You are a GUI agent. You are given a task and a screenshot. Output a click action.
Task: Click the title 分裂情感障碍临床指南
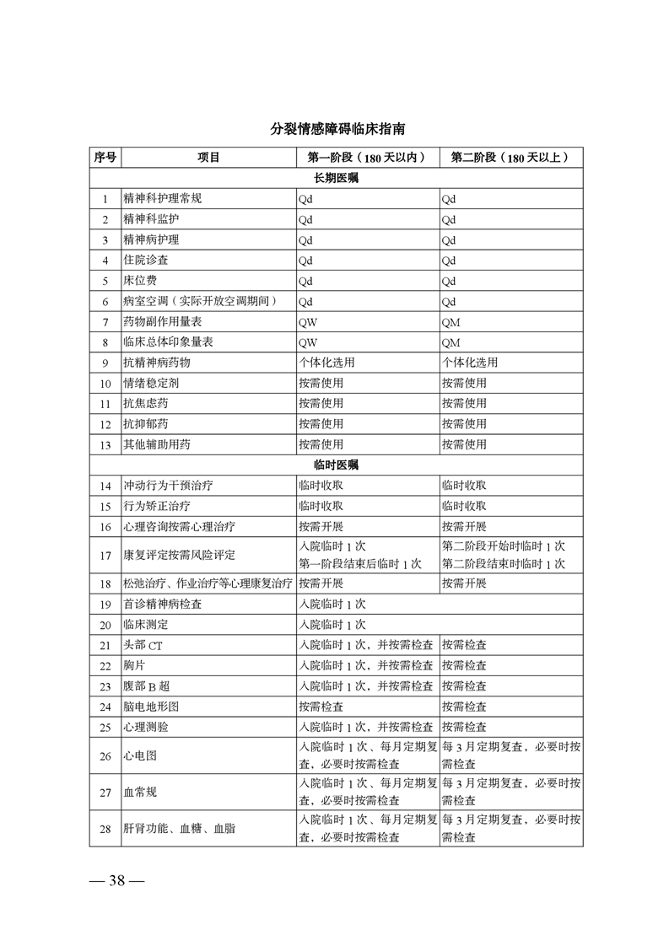[337, 130]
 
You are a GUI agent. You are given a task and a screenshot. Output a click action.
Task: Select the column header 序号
[105, 158]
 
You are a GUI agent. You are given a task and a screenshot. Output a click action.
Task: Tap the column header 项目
[208, 158]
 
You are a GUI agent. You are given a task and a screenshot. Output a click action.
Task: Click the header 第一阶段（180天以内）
[366, 158]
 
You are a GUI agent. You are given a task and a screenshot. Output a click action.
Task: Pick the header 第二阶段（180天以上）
[510, 158]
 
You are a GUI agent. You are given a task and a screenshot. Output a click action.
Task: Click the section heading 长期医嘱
[337, 179]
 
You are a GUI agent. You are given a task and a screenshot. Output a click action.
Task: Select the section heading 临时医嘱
[337, 465]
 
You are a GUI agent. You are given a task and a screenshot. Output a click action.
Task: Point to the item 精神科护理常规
[163, 199]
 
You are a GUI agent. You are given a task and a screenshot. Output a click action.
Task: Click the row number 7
[105, 322]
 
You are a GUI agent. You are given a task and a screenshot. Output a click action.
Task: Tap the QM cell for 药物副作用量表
[450, 322]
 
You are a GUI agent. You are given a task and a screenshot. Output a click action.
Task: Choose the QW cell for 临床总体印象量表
[308, 342]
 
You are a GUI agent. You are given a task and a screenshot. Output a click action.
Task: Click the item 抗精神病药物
[157, 363]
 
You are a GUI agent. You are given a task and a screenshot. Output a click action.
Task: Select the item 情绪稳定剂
[151, 383]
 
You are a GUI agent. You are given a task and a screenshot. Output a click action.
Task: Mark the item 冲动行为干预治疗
[168, 486]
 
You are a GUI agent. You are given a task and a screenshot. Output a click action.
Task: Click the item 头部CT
[137, 645]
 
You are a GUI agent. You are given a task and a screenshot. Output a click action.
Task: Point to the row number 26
[105, 756]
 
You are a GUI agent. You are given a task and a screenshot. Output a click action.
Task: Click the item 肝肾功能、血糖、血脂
[179, 829]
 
